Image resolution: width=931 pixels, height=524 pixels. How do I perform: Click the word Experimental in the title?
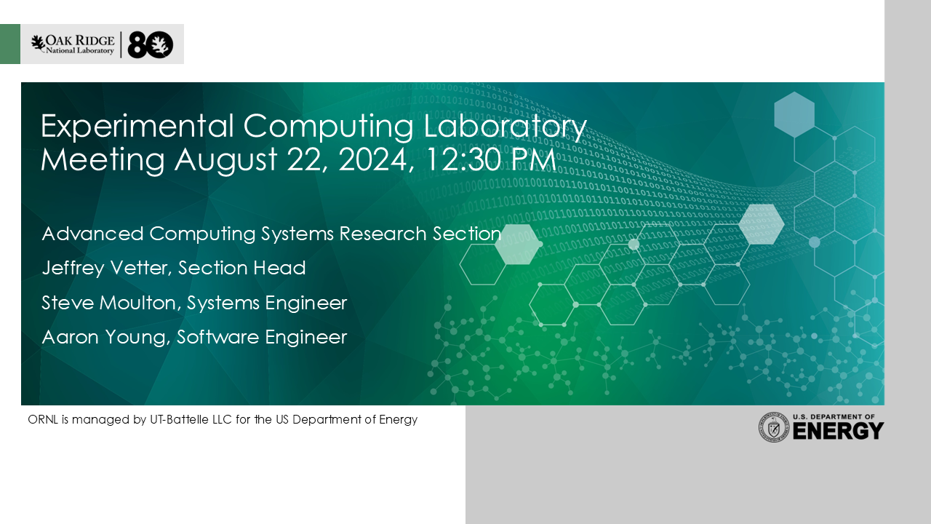(x=137, y=127)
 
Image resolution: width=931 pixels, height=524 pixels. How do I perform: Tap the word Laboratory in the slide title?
(x=505, y=127)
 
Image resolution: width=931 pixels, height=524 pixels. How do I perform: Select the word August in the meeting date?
(x=225, y=159)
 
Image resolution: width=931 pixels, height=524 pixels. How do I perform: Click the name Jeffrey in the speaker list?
(x=73, y=269)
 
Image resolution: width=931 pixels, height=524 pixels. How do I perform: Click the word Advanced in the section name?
(x=92, y=234)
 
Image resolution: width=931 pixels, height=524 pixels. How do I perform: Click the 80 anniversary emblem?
(x=150, y=44)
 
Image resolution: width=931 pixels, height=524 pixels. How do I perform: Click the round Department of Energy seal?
(x=773, y=427)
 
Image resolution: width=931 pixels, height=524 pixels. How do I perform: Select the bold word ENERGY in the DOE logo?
(x=838, y=431)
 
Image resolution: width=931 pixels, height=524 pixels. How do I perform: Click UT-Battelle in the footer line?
(x=191, y=419)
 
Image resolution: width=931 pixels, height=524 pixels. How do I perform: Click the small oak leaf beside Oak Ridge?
(x=38, y=43)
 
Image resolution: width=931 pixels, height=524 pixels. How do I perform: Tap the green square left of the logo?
(x=10, y=44)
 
